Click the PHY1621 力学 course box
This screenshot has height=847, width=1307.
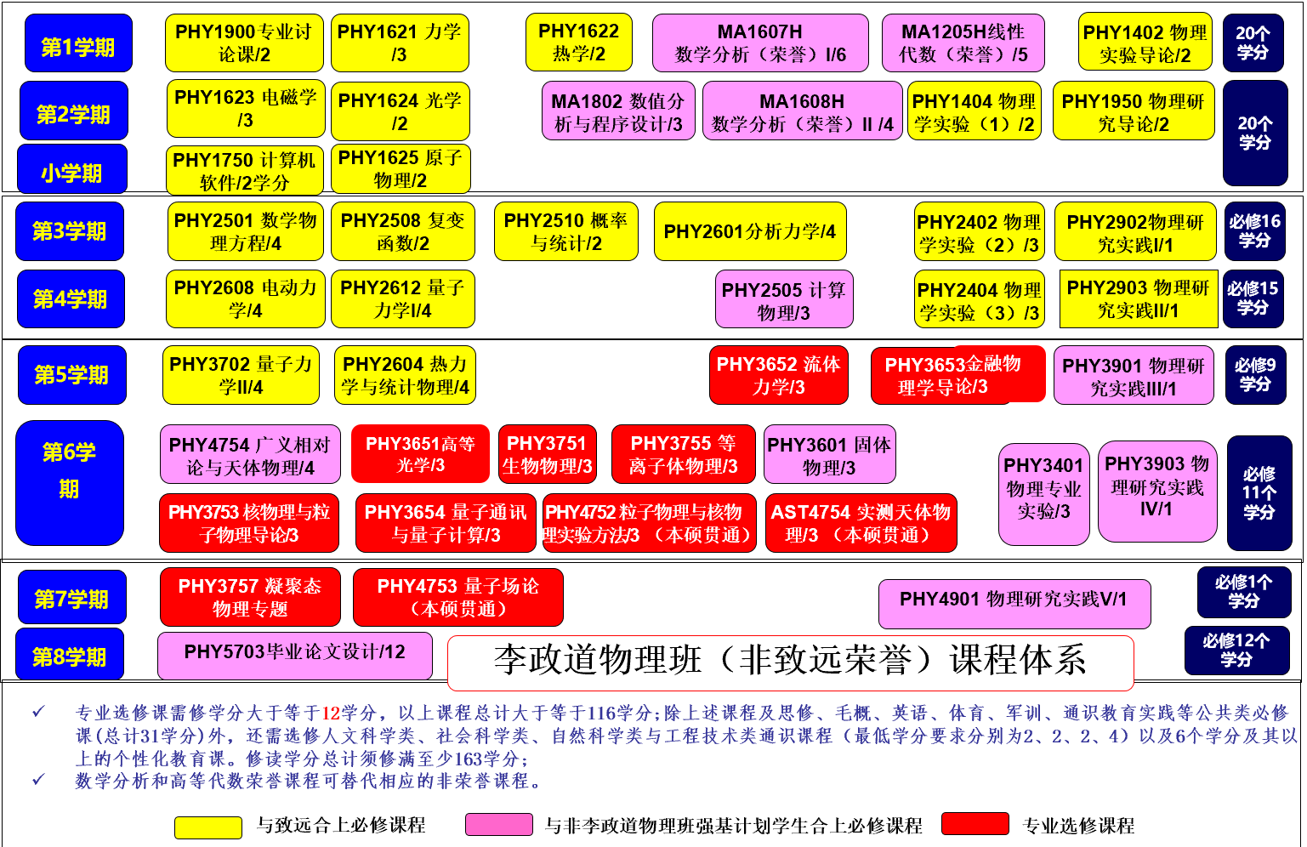click(x=400, y=43)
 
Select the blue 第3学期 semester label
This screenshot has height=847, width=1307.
click(x=70, y=231)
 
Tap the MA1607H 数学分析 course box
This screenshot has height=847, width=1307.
click(x=760, y=43)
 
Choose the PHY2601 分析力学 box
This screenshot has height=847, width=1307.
click(x=750, y=231)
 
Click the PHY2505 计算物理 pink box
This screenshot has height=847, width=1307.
click(x=784, y=298)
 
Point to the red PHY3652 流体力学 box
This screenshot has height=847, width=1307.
click(x=778, y=374)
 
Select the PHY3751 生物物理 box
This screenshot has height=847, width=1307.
click(x=548, y=454)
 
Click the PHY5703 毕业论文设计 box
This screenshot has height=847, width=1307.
click(x=295, y=656)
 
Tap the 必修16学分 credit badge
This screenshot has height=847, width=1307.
click(x=1254, y=231)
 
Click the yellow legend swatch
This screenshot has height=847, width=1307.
click(x=208, y=827)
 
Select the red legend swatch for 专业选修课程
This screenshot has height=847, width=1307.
click(x=975, y=824)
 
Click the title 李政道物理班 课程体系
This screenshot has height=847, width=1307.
click(x=790, y=660)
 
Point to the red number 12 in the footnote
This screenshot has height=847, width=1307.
click(x=331, y=713)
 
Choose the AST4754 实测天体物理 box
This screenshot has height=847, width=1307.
click(x=861, y=523)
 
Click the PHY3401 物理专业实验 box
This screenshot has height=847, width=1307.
click(x=1044, y=494)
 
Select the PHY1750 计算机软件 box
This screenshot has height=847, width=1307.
click(x=245, y=170)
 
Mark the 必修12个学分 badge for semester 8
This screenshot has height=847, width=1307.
click(x=1237, y=650)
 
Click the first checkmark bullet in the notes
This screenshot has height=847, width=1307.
click(x=38, y=712)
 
